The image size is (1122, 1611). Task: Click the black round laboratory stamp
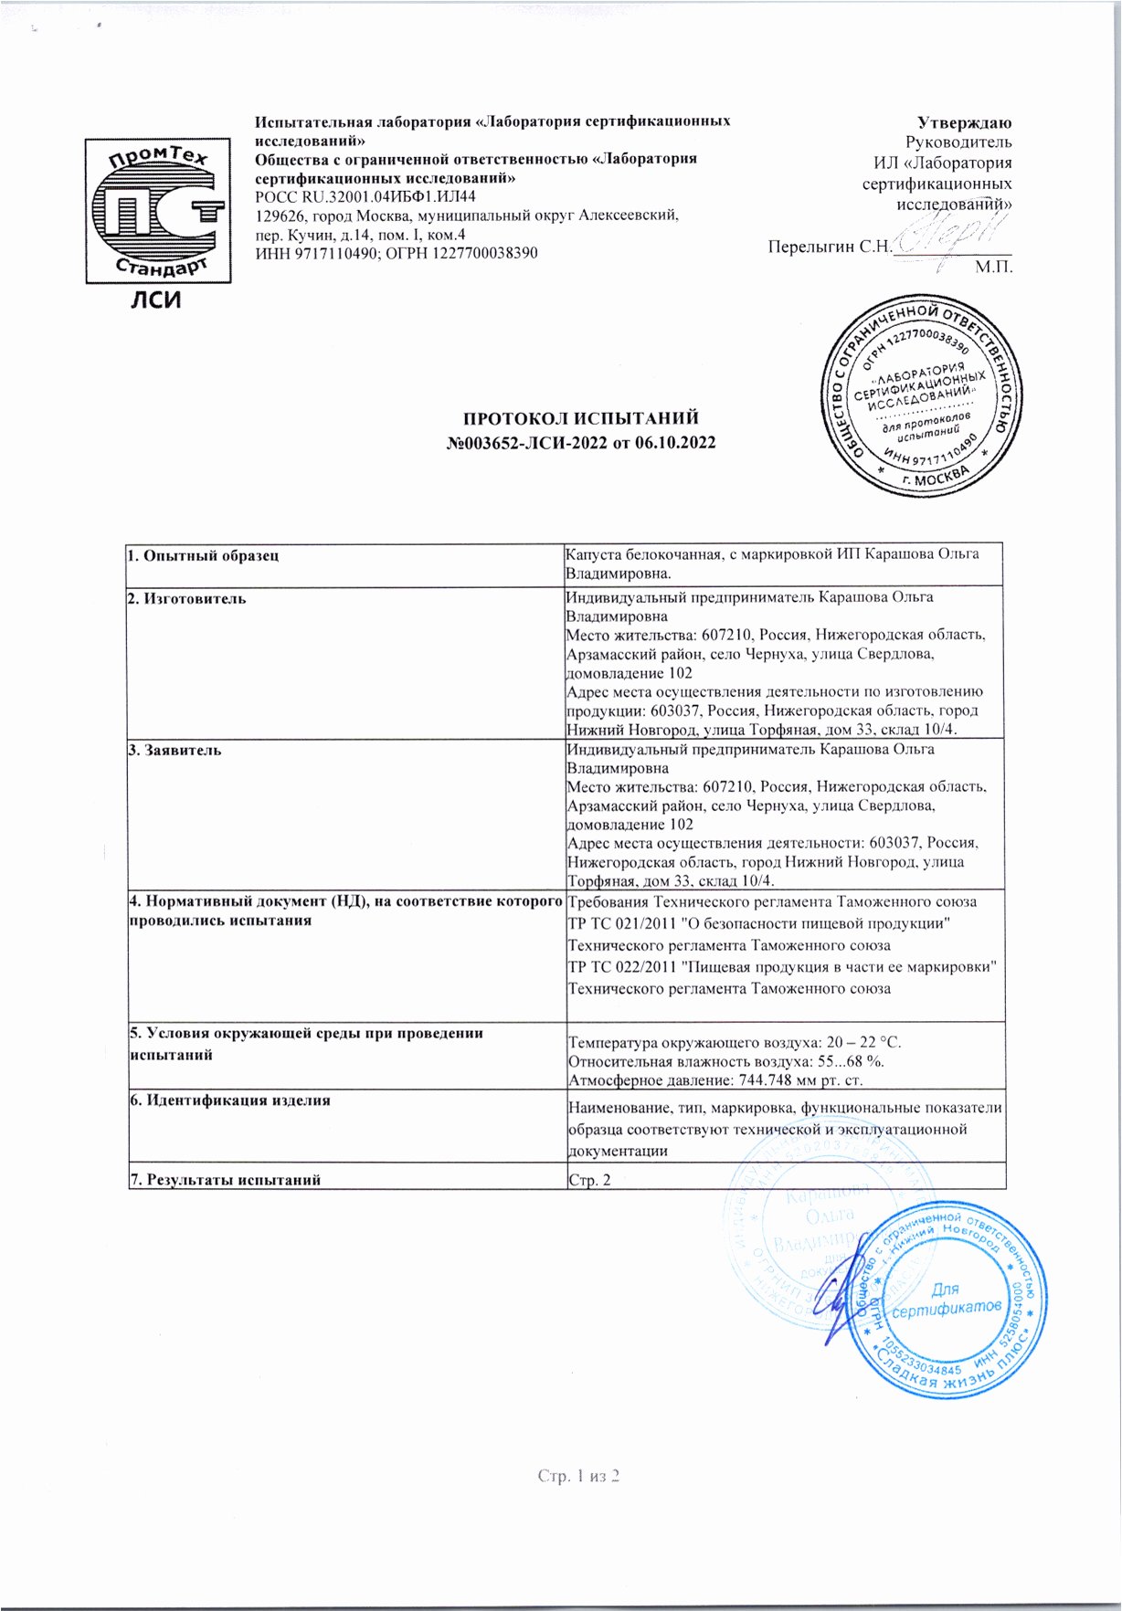(x=919, y=395)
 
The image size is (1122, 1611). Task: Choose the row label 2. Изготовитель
(x=186, y=599)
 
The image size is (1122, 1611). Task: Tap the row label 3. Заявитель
(x=175, y=751)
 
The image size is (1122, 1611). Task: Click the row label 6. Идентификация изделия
(x=229, y=1100)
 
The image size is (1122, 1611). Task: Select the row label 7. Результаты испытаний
(x=225, y=1180)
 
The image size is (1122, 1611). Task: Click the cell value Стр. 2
(x=589, y=1180)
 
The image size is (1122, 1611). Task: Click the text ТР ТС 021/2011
(x=622, y=924)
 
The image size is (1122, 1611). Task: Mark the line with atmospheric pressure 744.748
(x=715, y=1080)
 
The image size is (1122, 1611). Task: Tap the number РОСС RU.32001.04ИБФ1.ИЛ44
(x=365, y=197)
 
